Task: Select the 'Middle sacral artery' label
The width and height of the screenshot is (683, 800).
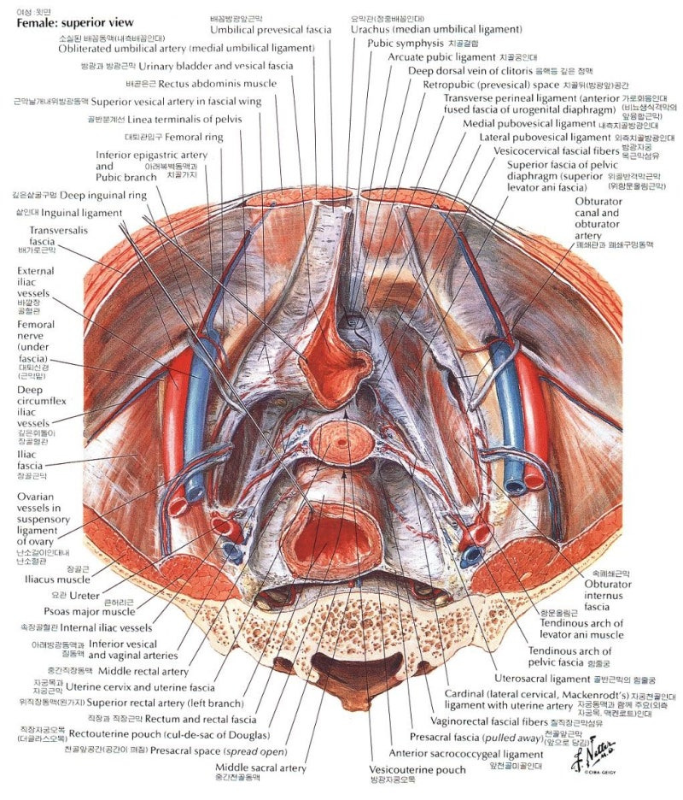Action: pyautogui.click(x=260, y=768)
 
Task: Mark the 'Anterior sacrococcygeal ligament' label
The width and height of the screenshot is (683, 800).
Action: pyautogui.click(x=465, y=755)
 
